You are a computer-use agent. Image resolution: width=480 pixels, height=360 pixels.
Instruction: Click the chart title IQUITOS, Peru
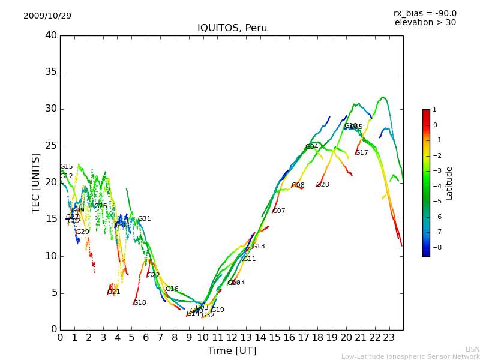pyautogui.click(x=232, y=28)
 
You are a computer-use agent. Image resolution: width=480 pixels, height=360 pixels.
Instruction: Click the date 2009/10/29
pyautogui.click(x=47, y=16)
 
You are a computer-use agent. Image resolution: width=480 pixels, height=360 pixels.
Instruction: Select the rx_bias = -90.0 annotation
pyautogui.click(x=425, y=13)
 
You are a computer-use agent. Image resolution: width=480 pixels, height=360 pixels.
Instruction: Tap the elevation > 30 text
pyautogui.click(x=425, y=23)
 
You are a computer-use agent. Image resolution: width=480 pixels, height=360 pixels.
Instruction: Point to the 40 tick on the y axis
pyautogui.click(x=51, y=35)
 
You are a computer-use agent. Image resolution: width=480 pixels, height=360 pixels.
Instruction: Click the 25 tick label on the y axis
pyautogui.click(x=51, y=146)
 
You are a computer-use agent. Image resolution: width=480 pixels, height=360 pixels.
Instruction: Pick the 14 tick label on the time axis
pyautogui.click(x=260, y=337)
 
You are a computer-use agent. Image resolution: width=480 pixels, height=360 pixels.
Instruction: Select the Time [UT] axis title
pyautogui.click(x=232, y=350)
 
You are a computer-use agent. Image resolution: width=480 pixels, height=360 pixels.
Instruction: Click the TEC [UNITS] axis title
pyautogui.click(x=37, y=182)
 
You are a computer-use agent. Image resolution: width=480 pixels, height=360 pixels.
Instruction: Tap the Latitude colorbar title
pyautogui.click(x=449, y=183)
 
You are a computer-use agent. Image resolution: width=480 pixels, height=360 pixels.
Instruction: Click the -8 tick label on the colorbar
pyautogui.click(x=434, y=247)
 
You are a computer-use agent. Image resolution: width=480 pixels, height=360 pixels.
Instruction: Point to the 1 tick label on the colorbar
pyautogui.click(x=434, y=110)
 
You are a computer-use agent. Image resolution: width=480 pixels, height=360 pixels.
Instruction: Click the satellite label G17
pyautogui.click(x=362, y=153)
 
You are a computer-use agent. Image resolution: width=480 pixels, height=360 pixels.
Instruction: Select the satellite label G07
pyautogui.click(x=279, y=211)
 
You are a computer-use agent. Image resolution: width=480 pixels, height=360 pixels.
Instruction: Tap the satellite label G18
pyautogui.click(x=140, y=303)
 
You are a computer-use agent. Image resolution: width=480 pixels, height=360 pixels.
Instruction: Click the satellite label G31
pyautogui.click(x=145, y=219)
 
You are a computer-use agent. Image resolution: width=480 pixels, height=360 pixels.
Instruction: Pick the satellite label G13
pyautogui.click(x=258, y=247)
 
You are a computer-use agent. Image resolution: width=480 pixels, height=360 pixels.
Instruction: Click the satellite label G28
pyautogui.click(x=323, y=185)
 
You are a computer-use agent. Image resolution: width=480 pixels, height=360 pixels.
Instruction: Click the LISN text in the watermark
pyautogui.click(x=473, y=349)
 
